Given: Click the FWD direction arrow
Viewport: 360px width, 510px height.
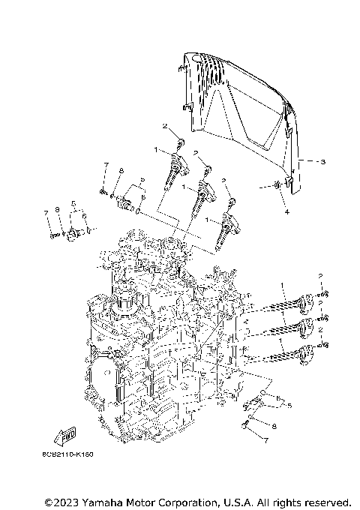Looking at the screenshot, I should point(67,435).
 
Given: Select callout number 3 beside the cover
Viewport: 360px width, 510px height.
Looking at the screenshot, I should point(322,161).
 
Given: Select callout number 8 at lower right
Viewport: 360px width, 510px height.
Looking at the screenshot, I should point(274,425).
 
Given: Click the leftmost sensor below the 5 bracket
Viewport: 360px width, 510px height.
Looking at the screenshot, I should point(73,235).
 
